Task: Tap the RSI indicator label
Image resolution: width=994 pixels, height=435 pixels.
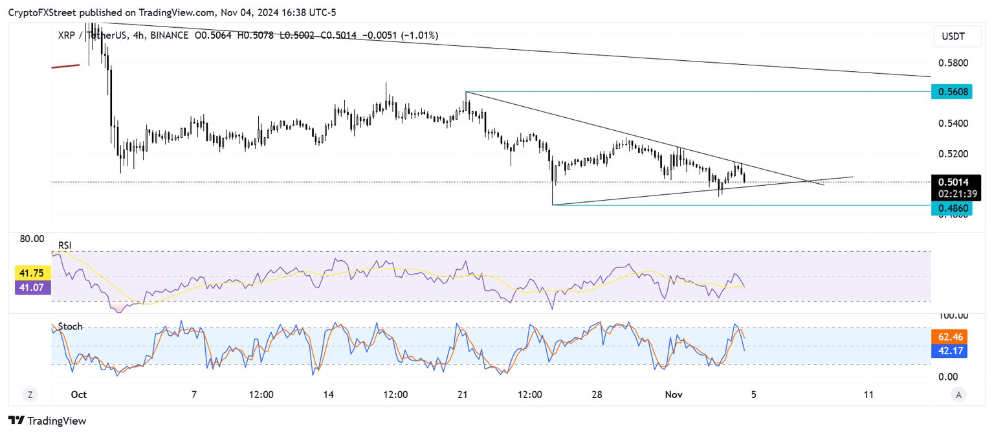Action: [x=65, y=245]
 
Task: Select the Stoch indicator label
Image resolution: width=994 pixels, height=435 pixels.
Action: [x=70, y=327]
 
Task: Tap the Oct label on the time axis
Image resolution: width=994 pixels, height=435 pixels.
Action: [x=79, y=395]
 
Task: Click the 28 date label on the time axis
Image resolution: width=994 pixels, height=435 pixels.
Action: [x=597, y=395]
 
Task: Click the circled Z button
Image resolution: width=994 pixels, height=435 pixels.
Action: [x=30, y=394]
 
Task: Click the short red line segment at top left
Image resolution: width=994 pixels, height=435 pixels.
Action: [x=65, y=65]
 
